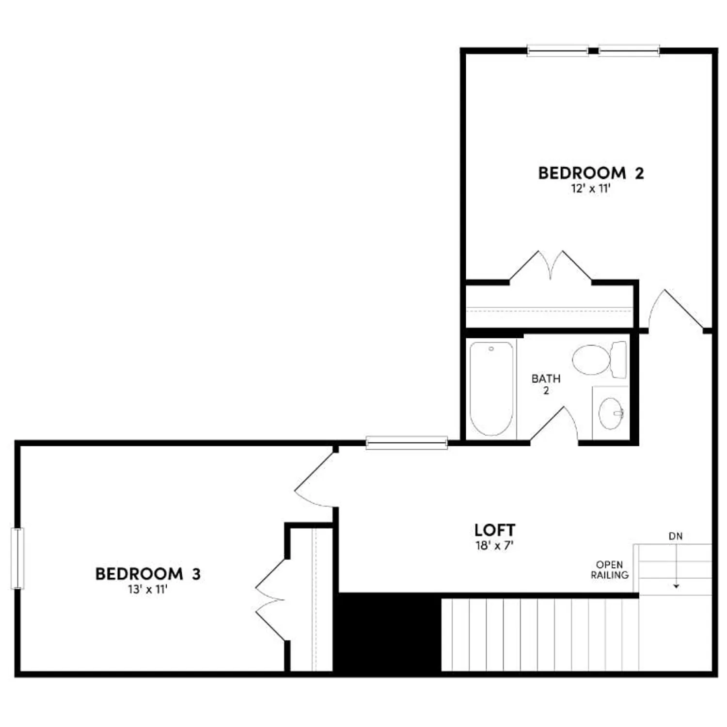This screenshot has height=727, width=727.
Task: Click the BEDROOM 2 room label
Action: tap(591, 173)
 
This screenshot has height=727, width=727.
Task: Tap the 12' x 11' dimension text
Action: tap(590, 189)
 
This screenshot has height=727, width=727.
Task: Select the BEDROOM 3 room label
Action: tap(148, 574)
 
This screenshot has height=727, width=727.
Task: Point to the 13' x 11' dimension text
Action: tap(148, 589)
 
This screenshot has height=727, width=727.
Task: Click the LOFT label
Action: tap(494, 530)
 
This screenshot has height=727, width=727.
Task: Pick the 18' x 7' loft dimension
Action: tap(494, 545)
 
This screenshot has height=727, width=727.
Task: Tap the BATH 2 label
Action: tap(546, 384)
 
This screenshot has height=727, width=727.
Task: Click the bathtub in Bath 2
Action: tap(491, 388)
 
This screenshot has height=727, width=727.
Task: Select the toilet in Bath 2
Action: tap(599, 360)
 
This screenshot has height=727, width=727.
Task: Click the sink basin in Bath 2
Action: tap(610, 413)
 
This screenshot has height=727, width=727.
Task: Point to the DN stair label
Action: tap(676, 536)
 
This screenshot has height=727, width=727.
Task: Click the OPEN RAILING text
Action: tap(610, 570)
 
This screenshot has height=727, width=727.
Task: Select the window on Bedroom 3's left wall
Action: tap(17, 558)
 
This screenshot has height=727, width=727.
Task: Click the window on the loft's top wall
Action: tap(407, 443)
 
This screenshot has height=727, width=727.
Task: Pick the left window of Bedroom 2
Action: tap(557, 50)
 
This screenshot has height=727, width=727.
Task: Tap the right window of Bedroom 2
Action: tap(629, 50)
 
